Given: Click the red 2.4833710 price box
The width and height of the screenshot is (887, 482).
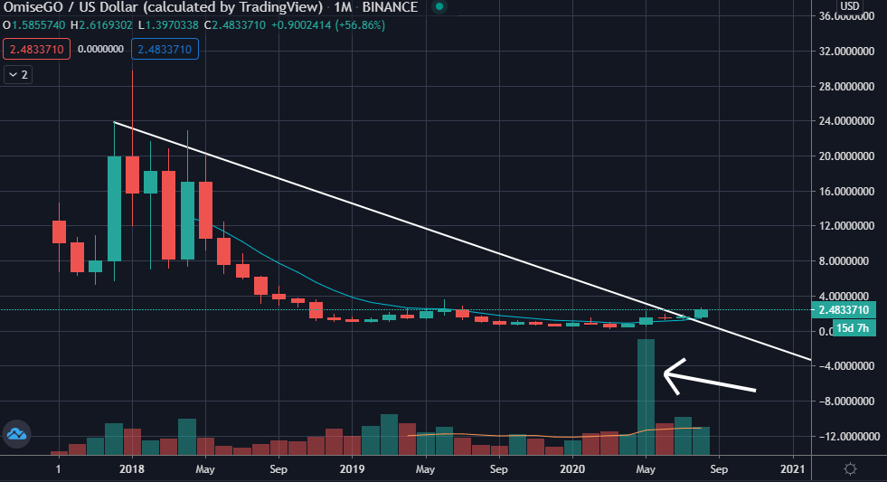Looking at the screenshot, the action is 37,49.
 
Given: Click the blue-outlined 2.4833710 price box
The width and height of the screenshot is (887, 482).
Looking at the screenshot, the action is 165,49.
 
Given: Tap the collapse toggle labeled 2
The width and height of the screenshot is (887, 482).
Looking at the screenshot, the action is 18,75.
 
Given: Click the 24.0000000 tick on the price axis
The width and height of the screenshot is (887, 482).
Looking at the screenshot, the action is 846,121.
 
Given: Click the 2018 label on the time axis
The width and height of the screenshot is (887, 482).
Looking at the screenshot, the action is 132,469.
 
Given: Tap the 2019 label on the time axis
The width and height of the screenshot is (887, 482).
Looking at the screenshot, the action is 352,469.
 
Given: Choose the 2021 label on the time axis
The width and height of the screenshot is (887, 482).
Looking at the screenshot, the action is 793,469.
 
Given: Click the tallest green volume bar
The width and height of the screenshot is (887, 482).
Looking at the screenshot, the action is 646,397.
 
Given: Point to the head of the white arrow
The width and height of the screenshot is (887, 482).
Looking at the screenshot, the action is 664,373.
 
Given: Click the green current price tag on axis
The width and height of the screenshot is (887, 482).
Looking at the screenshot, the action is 844,310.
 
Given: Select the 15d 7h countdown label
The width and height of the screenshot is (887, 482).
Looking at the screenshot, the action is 853,327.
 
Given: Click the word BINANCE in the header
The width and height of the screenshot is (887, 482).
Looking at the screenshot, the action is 390,7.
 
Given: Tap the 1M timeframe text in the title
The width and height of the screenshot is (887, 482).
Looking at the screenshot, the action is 343,7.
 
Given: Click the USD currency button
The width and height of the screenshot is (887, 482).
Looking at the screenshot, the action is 850,6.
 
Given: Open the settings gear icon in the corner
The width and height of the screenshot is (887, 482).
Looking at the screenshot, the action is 850,469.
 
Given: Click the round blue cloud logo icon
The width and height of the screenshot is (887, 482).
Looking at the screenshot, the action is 16,434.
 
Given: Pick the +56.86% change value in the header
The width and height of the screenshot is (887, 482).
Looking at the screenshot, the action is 360,25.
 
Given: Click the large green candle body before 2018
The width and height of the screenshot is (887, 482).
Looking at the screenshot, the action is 114,209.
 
